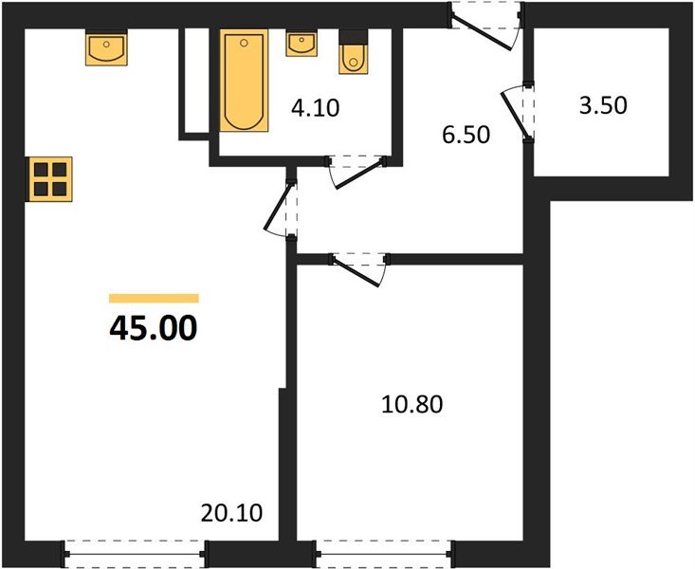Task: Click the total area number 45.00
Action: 154,328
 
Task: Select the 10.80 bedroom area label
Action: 412,405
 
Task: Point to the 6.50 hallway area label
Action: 466,135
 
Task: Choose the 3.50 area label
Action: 603,104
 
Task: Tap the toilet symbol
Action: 353,57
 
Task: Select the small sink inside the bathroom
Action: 302,45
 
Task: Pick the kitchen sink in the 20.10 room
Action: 106,48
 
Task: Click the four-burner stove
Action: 49,178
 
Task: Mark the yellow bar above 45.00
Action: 154,298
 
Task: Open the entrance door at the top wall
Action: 485,23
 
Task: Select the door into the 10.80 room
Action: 358,265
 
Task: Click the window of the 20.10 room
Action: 135,552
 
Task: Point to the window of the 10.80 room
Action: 384,552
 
